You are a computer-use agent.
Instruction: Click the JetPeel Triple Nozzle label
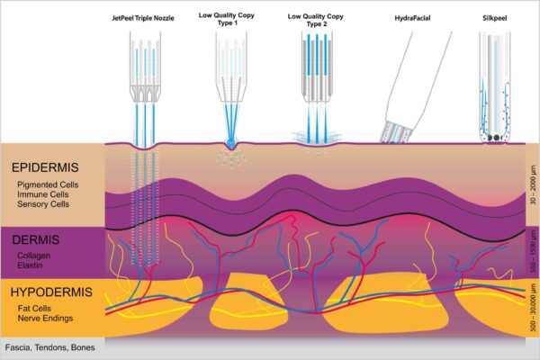coord(143,18)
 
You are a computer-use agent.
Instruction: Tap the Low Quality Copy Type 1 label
coord(227,19)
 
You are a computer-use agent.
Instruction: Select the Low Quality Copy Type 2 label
coord(316,20)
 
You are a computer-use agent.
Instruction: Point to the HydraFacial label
coord(412,18)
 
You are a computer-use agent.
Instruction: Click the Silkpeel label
coord(494,18)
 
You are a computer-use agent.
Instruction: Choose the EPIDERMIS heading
coord(45,167)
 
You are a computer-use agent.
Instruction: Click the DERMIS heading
coord(36,239)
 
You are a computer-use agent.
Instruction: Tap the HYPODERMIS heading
coord(51,292)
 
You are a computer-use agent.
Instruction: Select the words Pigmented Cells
coord(48,184)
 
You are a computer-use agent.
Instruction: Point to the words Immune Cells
coord(43,194)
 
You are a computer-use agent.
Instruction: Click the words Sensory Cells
coord(43,204)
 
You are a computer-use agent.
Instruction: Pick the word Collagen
coord(34,256)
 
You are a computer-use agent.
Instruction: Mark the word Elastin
coord(30,265)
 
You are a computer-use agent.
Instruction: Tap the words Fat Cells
coord(34,309)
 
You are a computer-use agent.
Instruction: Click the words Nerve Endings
coord(46,318)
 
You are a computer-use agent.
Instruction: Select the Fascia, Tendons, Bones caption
coord(49,347)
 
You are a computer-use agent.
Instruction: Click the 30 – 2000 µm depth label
coord(533,185)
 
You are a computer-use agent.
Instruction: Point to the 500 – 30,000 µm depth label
coord(533,307)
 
